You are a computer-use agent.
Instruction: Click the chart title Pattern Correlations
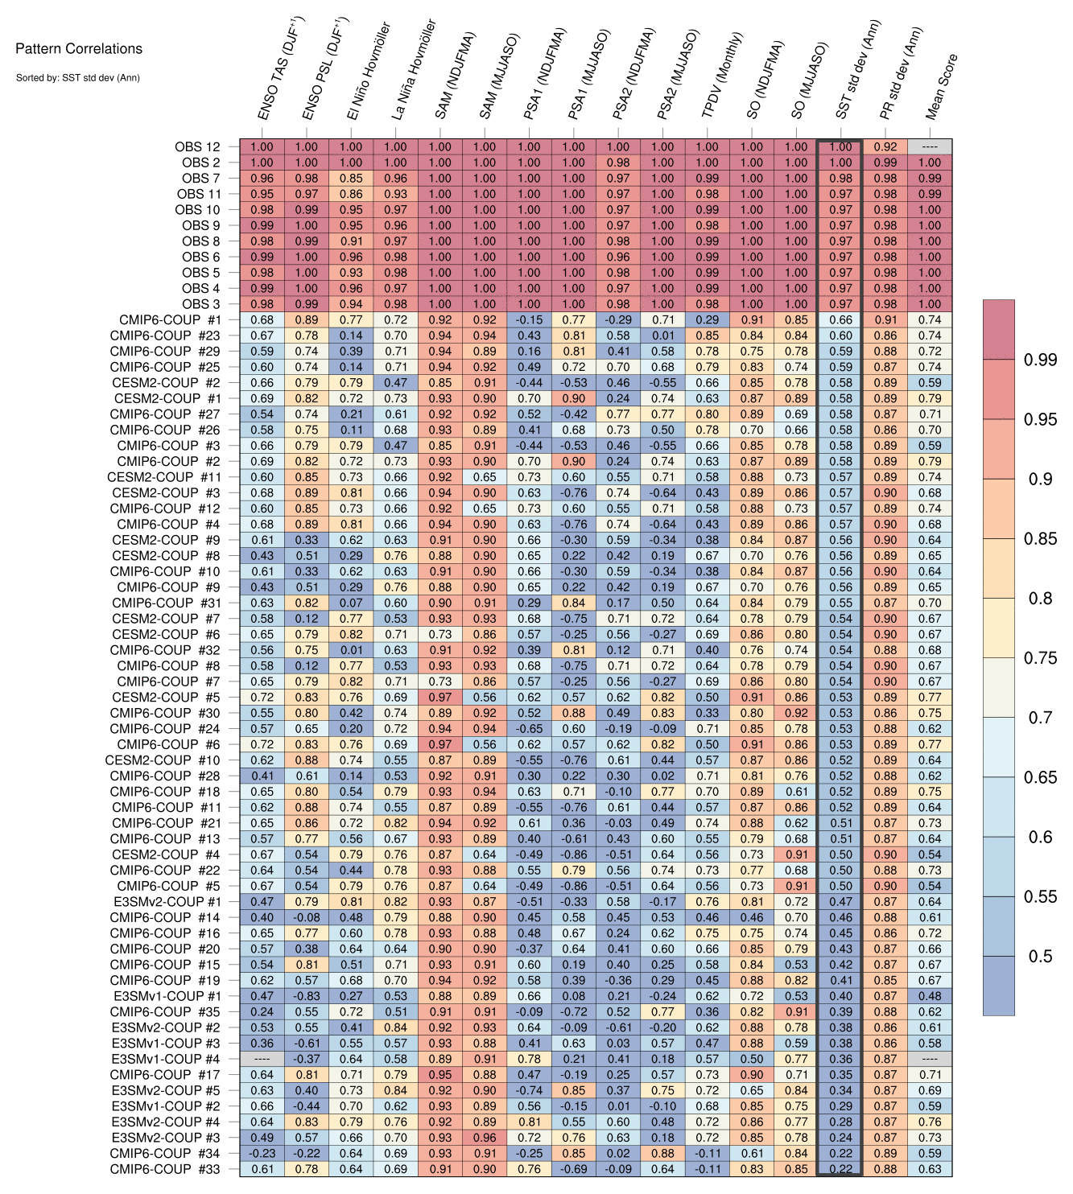coord(79,49)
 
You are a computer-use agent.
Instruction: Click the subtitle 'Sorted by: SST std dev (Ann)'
coord(78,78)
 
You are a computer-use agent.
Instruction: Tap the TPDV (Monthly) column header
coord(723,76)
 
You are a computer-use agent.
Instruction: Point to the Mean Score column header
coord(942,87)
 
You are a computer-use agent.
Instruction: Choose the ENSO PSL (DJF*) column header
coord(325,70)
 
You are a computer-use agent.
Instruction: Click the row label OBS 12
coord(197,147)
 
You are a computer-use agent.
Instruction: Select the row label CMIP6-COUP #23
coord(165,336)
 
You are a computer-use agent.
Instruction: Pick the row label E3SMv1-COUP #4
coord(166,1059)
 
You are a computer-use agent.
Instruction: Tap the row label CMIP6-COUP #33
coord(165,1169)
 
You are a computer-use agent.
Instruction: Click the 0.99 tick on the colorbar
coord(1040,360)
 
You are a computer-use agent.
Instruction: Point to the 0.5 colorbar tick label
coord(1040,957)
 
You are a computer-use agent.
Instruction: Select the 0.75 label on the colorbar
coord(1040,658)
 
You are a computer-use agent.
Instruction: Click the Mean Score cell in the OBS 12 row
coord(930,147)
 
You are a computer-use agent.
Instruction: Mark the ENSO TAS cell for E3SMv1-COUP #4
coord(262,1059)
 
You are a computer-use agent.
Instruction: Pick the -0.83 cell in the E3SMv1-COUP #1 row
coord(306,996)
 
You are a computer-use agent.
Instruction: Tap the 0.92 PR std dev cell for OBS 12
coord(885,147)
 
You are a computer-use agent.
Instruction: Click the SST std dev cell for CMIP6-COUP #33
coord(840,1169)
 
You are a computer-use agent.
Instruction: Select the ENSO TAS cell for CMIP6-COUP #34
coord(262,1153)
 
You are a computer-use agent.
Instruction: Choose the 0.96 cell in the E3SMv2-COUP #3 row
coord(485,1138)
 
